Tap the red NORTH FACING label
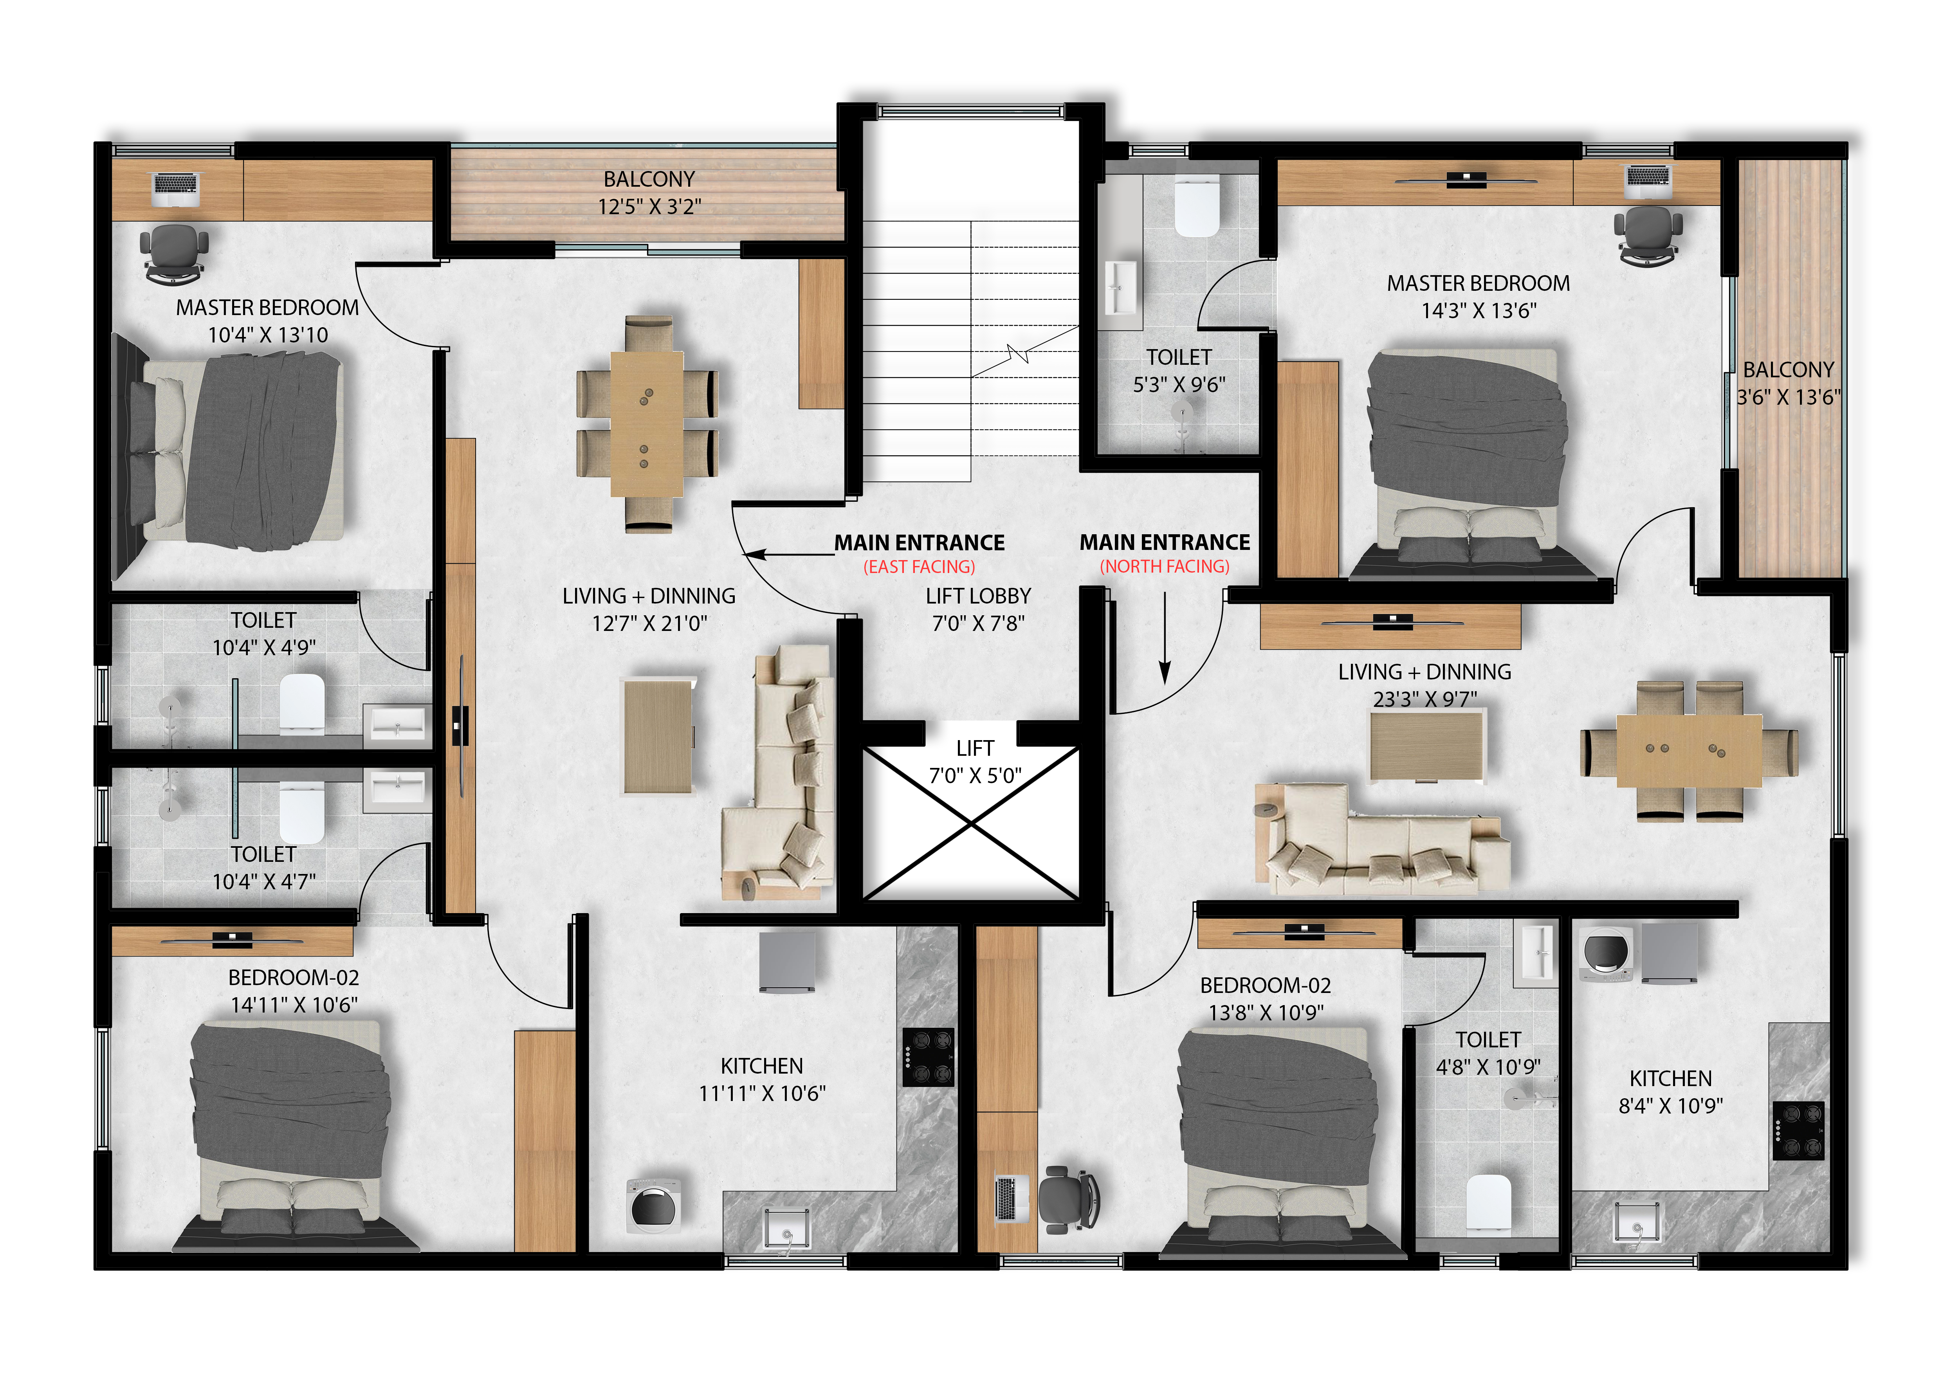[x=1165, y=566]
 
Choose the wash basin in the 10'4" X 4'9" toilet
[x=398, y=724]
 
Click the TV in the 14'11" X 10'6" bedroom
[x=233, y=939]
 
